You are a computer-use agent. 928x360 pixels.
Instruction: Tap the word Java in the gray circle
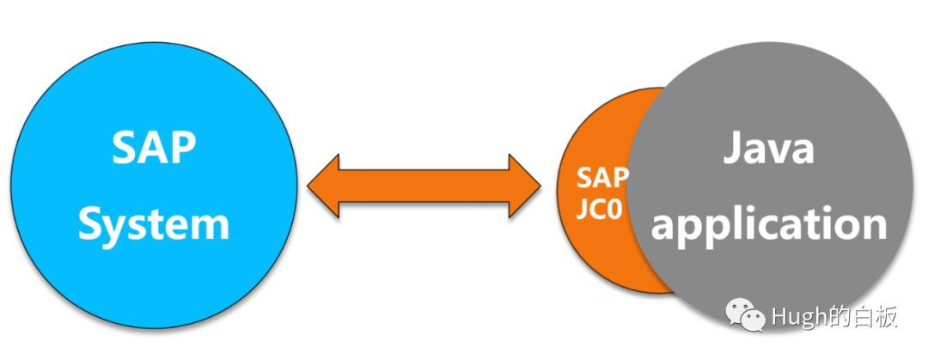click(767, 150)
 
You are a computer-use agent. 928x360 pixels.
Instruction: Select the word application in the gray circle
click(767, 223)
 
